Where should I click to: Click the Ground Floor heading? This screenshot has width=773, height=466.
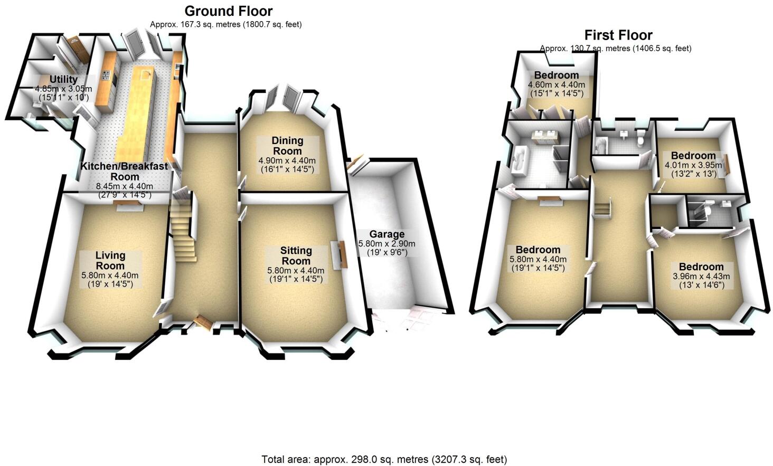[x=229, y=11]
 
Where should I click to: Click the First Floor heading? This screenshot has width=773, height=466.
[x=618, y=35]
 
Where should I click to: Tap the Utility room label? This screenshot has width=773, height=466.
[x=63, y=80]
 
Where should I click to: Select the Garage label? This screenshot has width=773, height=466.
[x=386, y=234]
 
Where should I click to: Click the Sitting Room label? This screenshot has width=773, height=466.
[x=296, y=255]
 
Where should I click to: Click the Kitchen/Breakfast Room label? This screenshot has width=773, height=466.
[x=124, y=171]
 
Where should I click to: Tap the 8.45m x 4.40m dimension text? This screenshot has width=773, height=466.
[x=124, y=186]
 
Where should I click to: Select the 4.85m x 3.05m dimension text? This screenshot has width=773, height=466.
[x=63, y=89]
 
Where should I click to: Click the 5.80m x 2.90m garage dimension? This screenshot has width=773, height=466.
[x=387, y=244]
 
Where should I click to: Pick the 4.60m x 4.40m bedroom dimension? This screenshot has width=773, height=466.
[x=557, y=84]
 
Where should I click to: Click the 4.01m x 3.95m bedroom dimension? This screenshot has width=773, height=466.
[x=693, y=165]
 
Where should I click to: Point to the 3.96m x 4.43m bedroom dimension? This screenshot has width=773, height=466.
[x=701, y=276]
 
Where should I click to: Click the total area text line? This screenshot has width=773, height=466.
[x=384, y=459]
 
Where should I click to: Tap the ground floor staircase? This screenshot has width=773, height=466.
[x=183, y=232]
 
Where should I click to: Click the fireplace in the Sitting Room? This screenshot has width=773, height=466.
[x=339, y=253]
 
